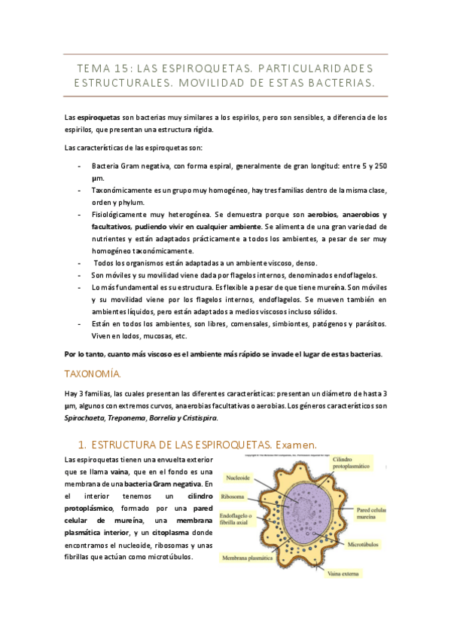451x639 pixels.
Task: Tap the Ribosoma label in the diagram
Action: [233, 497]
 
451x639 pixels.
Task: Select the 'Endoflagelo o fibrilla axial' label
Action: [238, 518]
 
